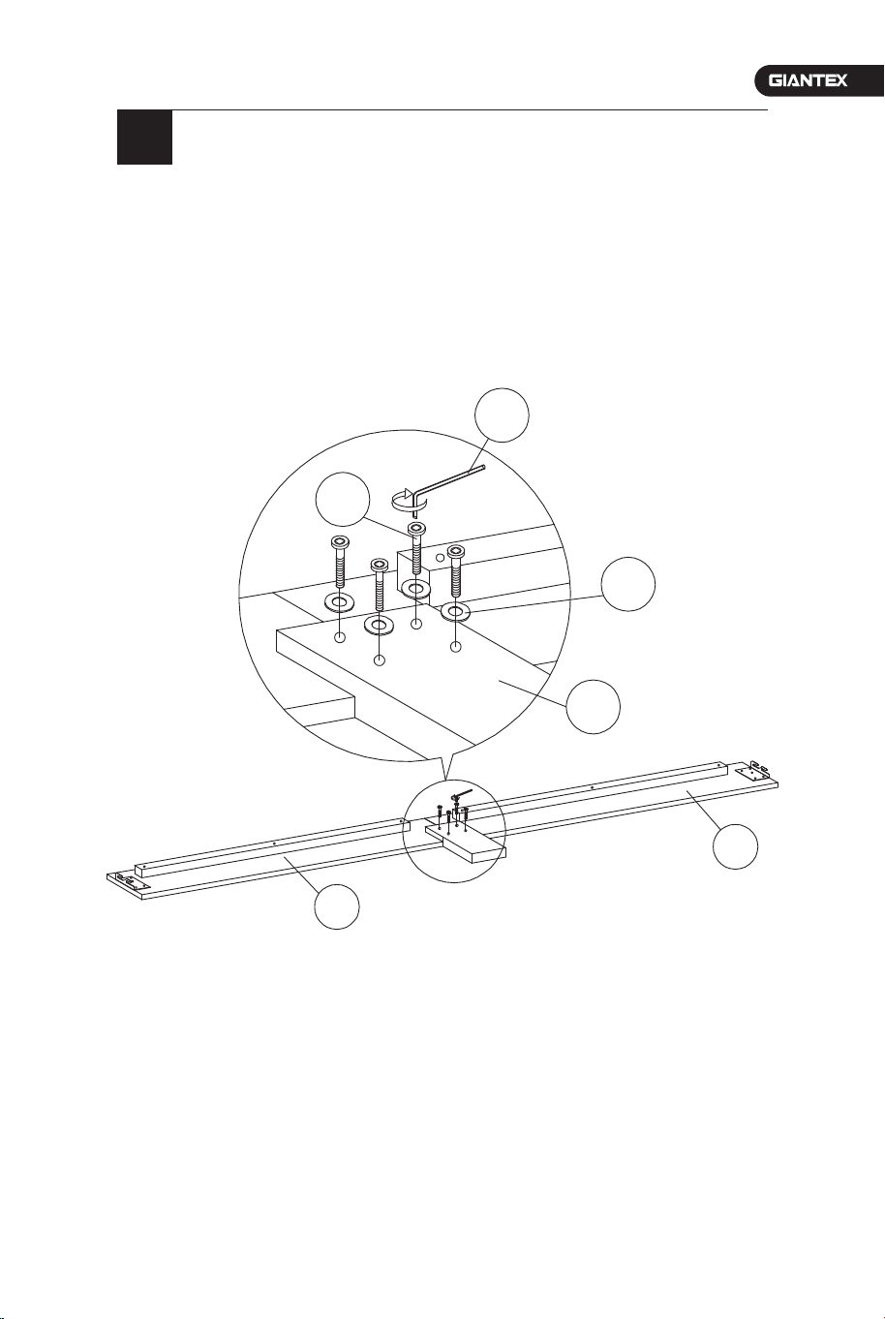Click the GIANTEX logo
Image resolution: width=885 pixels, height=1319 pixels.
click(808, 80)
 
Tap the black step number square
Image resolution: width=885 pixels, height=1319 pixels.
click(145, 138)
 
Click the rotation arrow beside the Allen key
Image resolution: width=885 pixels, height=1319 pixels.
click(408, 500)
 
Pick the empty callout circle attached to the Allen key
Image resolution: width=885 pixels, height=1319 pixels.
click(503, 415)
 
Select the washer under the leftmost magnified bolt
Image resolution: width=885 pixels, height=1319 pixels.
click(340, 602)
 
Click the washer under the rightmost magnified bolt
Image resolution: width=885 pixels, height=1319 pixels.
click(456, 613)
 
